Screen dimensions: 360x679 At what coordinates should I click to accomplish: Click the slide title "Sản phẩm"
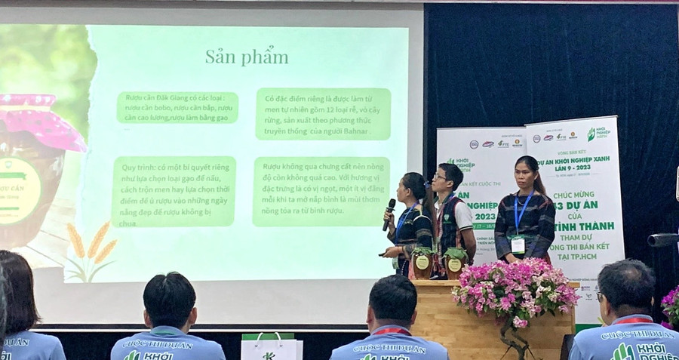coord(246,57)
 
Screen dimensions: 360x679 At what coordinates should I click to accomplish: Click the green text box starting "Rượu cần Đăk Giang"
coord(177,107)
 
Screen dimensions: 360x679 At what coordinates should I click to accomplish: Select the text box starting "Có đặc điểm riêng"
coord(323,113)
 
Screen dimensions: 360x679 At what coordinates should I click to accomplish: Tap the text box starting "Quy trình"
coord(174,190)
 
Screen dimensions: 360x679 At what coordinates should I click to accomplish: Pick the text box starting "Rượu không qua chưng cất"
coord(321,191)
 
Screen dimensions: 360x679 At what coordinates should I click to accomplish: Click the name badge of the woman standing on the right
coord(518,245)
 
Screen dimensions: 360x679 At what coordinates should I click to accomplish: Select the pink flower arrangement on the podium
coord(515,291)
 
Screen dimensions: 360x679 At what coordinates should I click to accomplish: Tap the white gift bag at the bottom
coord(271,346)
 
